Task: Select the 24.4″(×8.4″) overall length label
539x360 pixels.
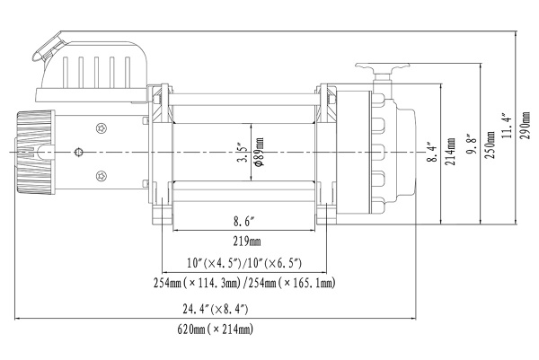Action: click(x=216, y=309)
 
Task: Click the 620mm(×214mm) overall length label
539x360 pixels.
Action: click(x=216, y=330)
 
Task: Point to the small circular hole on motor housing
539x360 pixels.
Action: click(x=82, y=151)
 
